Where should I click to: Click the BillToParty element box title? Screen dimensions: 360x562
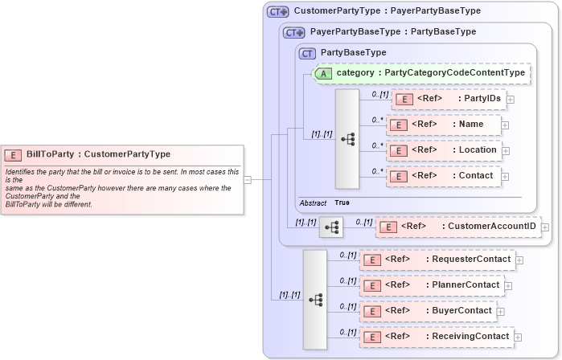[98, 154]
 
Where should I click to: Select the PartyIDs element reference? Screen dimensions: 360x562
[448, 99]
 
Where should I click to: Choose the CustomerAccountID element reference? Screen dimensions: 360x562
[458, 227]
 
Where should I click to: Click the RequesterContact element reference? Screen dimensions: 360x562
[438, 260]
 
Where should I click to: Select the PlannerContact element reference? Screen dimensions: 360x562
[433, 285]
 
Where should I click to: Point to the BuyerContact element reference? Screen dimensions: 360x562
[429, 311]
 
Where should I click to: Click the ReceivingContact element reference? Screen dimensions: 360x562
[437, 337]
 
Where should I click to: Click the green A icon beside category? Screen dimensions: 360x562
[323, 73]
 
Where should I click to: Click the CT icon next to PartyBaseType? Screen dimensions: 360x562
[307, 53]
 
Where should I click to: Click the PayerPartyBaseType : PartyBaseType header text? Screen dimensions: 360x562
[393, 32]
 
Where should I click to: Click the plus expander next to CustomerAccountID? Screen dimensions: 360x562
[546, 228]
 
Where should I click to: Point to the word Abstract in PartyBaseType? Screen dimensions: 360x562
[313, 202]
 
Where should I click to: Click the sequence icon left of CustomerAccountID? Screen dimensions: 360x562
[330, 227]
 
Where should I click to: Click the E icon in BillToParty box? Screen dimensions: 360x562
[14, 154]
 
